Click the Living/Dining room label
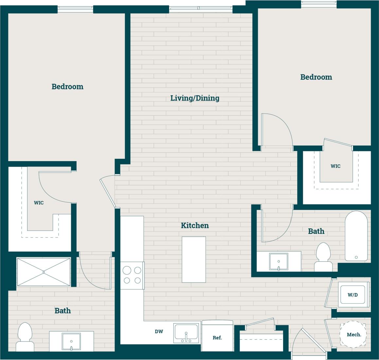(195, 98)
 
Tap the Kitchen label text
(195, 225)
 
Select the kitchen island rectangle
(194, 260)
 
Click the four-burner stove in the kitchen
(132, 275)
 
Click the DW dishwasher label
(159, 332)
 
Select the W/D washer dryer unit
(352, 295)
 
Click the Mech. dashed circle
(353, 334)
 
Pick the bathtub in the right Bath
(356, 236)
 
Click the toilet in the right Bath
(323, 257)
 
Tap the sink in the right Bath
(279, 261)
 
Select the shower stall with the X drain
(44, 272)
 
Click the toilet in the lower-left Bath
(25, 337)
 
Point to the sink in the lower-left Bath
(71, 342)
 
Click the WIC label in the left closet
(39, 203)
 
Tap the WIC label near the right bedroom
(335, 166)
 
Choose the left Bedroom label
(67, 86)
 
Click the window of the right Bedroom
(318, 4)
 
